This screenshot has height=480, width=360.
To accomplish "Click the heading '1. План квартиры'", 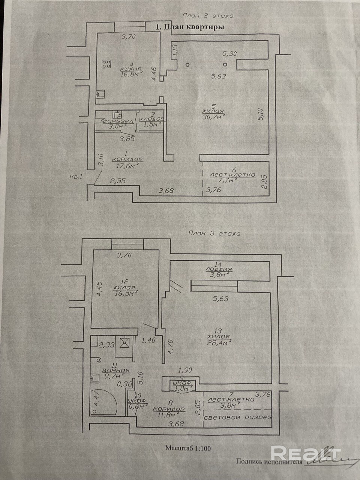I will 189,27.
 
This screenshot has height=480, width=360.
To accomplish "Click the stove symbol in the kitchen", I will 106,64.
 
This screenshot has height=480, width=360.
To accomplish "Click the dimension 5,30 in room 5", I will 229,54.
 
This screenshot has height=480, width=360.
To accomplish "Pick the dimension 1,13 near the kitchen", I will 174,50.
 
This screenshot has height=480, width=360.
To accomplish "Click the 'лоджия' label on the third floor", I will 219,269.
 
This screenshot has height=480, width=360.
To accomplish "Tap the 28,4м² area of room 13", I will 219,341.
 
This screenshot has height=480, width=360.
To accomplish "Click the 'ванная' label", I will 116,370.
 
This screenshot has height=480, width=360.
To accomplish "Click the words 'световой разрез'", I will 237,417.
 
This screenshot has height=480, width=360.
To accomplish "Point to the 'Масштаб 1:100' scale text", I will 191,448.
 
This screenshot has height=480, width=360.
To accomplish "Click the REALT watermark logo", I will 305,453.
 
